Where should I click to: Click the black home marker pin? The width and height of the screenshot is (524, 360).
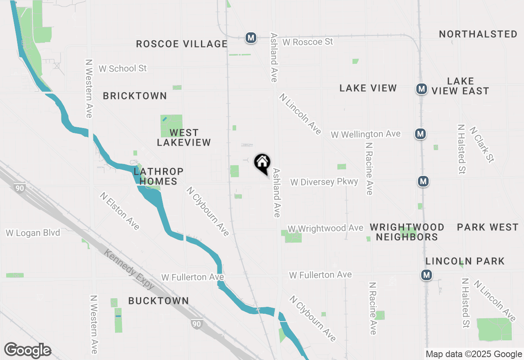tap(262, 163)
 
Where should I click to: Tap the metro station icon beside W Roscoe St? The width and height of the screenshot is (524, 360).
tap(251, 38)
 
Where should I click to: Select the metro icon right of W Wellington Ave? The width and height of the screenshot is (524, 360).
tap(420, 133)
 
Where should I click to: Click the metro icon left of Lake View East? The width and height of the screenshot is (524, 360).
tap(421, 89)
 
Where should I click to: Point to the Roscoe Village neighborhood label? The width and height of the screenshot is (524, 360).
tap(181, 44)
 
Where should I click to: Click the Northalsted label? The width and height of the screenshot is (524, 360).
tap(478, 34)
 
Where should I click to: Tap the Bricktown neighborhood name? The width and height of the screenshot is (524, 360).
tap(135, 96)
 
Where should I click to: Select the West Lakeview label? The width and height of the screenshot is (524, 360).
tap(184, 137)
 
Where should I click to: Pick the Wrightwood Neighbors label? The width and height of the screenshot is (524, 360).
tap(407, 232)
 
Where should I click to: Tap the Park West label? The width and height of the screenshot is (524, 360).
tap(488, 227)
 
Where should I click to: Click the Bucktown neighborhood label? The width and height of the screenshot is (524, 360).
tap(158, 301)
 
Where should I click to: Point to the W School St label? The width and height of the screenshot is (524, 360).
tap(122, 68)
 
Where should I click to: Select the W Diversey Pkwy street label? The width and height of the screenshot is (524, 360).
tap(324, 182)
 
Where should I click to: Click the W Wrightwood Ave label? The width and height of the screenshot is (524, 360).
tap(325, 228)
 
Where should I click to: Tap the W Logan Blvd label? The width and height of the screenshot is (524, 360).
tap(33, 233)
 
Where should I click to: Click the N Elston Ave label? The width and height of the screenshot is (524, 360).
tap(120, 211)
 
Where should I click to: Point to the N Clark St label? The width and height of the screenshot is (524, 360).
tap(482, 144)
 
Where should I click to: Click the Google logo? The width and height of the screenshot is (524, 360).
tap(27, 351)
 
